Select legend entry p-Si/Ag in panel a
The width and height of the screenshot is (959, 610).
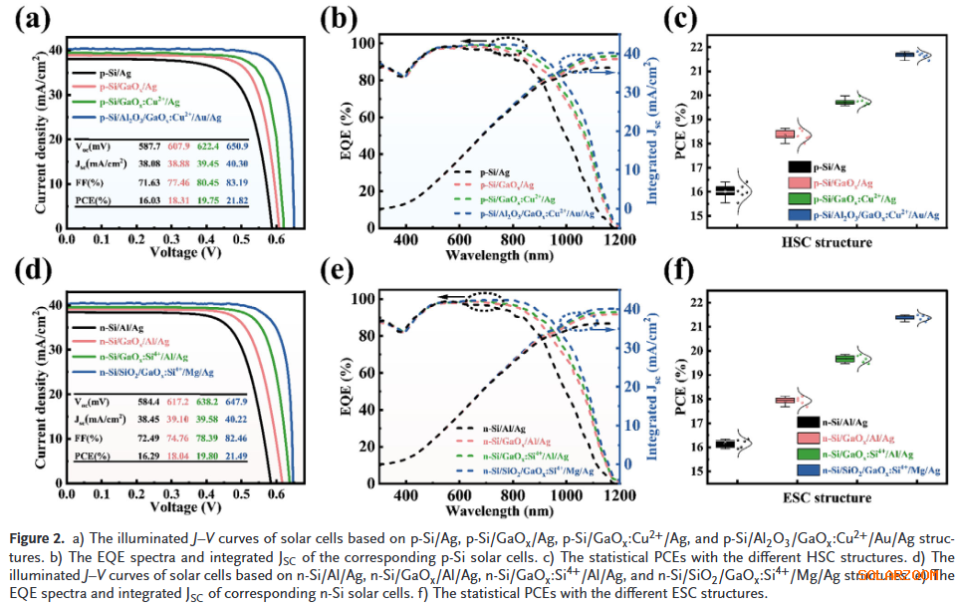pyautogui.click(x=117, y=73)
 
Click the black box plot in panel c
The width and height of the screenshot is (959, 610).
pyautogui.click(x=725, y=190)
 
